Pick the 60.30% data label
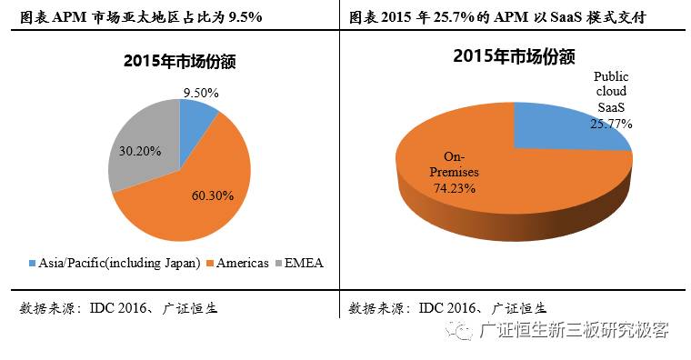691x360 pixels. click(214, 195)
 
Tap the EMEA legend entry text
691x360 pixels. click(305, 264)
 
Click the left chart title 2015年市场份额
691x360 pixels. click(179, 63)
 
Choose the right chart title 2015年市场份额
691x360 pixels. click(514, 56)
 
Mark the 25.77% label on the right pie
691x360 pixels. click(611, 123)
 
